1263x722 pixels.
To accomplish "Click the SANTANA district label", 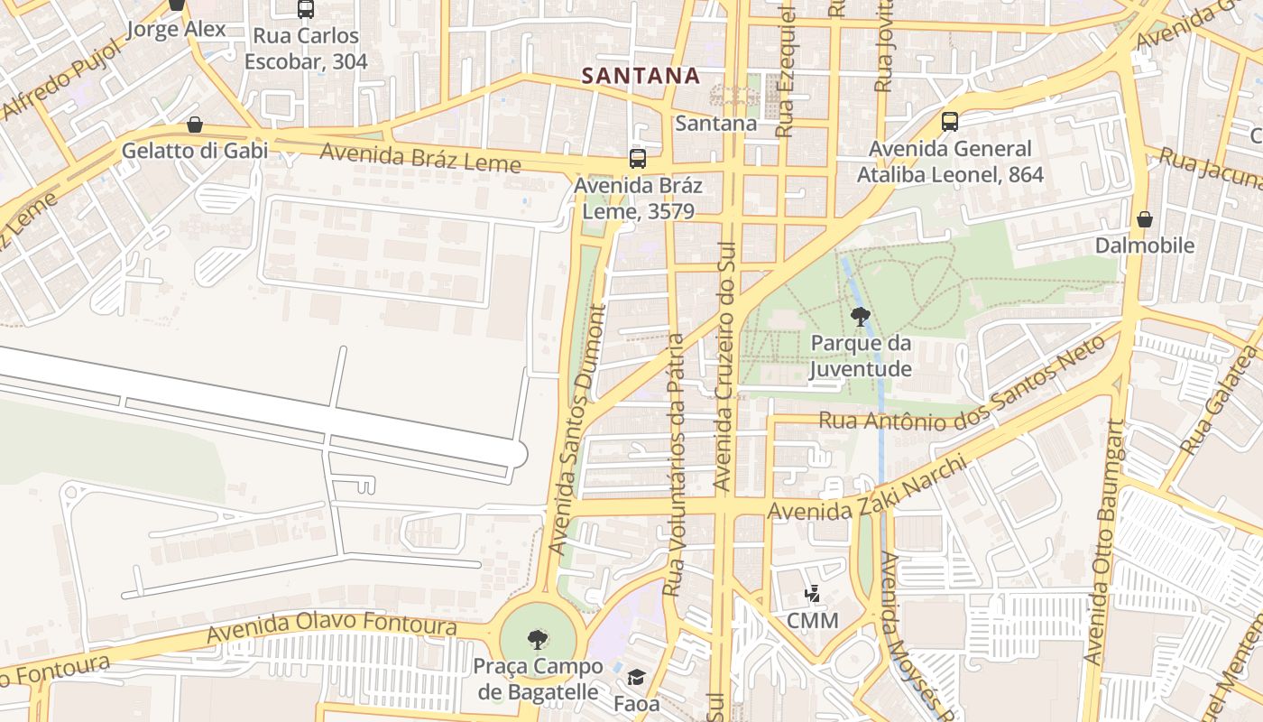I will coord(641,76).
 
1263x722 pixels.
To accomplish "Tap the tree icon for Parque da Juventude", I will coord(860,316).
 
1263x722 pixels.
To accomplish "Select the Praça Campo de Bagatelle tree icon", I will coord(538,640).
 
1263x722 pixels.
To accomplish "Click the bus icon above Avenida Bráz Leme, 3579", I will coord(638,159).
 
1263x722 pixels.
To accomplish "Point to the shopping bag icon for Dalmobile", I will coord(1144,219).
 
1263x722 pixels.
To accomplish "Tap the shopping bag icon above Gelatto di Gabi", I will coord(195,125).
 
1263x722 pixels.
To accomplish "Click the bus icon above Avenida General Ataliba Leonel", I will coord(949,122).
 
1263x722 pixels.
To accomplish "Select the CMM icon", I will coord(812,595).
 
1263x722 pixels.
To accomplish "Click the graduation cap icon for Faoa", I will coord(636,678).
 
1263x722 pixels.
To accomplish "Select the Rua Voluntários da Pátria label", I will coord(673,465).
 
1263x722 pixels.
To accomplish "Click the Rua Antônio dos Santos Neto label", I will coord(961,388).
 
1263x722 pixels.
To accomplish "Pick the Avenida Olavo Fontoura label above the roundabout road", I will coord(331,626).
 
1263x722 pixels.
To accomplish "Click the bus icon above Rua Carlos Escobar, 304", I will coord(306,10).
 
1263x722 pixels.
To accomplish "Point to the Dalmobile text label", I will coord(1144,245).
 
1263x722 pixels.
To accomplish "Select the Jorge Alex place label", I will coord(176,29).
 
